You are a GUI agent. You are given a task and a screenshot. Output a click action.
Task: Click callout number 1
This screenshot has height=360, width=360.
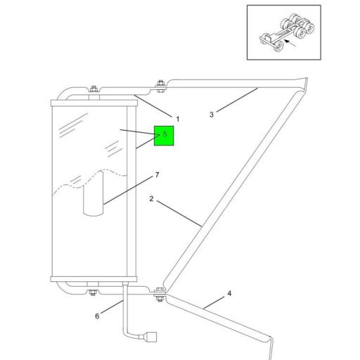(178, 119)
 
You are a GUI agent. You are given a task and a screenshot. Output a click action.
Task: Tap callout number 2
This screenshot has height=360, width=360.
(151, 199)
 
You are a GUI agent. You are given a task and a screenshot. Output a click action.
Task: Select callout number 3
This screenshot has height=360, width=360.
(212, 115)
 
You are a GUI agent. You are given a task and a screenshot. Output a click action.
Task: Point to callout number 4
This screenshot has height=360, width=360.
(229, 293)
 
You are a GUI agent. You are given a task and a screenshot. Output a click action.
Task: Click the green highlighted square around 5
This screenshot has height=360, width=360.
(164, 136)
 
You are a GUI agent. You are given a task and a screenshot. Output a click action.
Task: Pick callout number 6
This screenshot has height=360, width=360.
(97, 316)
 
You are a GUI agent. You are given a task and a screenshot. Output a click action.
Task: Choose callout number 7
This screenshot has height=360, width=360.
(157, 175)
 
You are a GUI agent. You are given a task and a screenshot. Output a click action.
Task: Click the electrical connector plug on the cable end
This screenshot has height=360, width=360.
(150, 337)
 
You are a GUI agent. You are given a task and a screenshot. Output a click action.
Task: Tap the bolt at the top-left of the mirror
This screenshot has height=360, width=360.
(94, 89)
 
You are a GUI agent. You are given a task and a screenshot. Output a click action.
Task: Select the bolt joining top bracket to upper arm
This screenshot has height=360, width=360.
(160, 86)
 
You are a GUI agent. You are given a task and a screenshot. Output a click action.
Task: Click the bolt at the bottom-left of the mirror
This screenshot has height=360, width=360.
(93, 292)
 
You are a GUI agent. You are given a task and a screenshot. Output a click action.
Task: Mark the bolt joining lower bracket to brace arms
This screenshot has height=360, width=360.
(160, 295)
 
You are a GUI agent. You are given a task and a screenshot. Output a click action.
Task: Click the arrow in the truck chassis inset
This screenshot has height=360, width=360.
(290, 43)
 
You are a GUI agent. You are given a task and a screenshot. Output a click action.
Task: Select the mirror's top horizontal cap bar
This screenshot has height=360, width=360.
(94, 103)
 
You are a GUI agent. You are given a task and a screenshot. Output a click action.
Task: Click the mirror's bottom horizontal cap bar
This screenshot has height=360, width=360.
(94, 279)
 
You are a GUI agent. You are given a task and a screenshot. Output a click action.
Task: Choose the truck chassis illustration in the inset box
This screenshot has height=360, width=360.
(287, 32)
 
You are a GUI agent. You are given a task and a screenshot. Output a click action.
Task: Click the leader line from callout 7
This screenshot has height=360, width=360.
(128, 191)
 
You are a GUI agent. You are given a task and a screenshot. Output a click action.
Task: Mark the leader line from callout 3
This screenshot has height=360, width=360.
(237, 100)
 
